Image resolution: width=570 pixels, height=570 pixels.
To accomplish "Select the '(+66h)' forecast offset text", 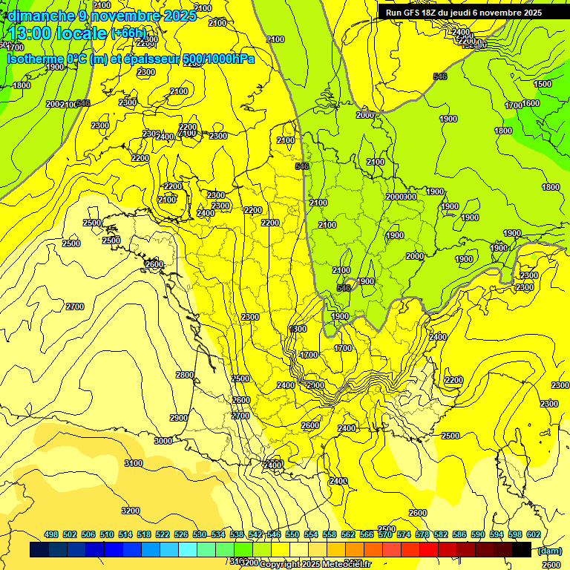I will (128, 33).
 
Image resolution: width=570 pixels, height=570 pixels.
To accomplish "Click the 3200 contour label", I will (131, 511).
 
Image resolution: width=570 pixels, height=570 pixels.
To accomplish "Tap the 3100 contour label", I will (134, 463).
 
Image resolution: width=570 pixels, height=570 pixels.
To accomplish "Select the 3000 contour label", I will (163, 441).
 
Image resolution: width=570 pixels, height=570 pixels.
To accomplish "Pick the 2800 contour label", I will (185, 375).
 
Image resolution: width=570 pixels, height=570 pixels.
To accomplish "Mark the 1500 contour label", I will (543, 84).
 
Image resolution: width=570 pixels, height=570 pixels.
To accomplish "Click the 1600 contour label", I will (530, 103).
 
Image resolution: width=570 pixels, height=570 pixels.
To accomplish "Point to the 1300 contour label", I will (298, 329).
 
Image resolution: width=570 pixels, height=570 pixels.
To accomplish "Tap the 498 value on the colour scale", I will (51, 534).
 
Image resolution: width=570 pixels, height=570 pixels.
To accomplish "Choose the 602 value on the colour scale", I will (533, 534).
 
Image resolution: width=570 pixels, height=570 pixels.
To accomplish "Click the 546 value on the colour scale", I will (273, 534).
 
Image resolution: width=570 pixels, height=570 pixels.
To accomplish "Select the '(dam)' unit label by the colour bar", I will (548, 550).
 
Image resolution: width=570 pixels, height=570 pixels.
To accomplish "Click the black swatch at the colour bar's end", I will (522, 550).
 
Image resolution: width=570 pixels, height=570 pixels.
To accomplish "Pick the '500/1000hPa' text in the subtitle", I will (219, 59).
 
